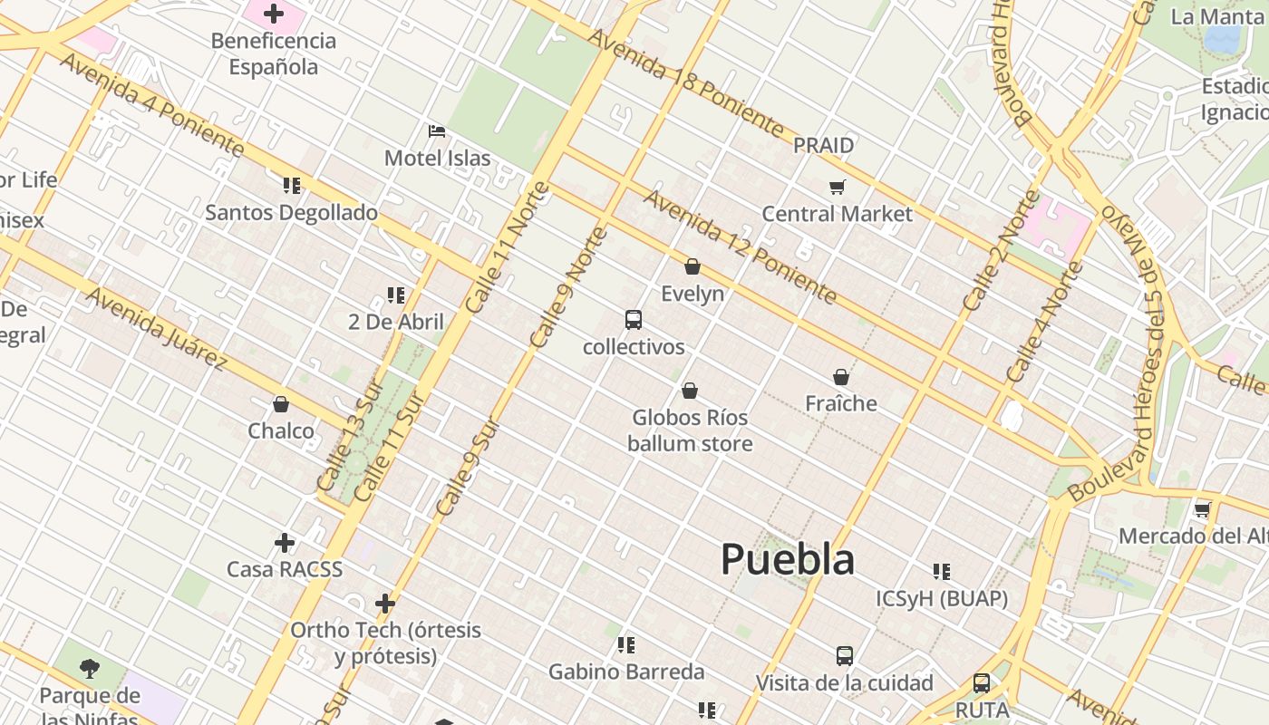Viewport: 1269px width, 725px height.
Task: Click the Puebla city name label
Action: [787, 559]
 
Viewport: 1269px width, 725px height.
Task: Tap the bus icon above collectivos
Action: [634, 320]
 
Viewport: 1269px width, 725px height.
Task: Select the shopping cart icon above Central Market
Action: [837, 188]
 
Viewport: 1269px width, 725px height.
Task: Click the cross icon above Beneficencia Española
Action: [274, 14]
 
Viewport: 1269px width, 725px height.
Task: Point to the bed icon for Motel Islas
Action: [437, 131]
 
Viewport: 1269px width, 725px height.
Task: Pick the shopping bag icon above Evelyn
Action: [693, 266]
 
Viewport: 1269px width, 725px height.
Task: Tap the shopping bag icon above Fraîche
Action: [841, 377]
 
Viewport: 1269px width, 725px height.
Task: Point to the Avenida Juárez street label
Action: [156, 328]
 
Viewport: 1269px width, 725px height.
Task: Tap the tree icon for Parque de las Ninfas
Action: [89, 669]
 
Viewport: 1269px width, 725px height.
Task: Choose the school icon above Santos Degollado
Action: [291, 186]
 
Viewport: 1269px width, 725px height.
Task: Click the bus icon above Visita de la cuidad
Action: [844, 655]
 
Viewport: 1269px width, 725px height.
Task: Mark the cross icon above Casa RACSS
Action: [285, 543]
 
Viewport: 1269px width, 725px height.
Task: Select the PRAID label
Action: [823, 145]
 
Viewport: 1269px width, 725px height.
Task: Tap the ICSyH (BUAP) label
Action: [942, 599]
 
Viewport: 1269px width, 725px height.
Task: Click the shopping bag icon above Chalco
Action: [281, 404]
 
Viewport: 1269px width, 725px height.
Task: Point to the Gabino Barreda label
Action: [626, 672]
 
